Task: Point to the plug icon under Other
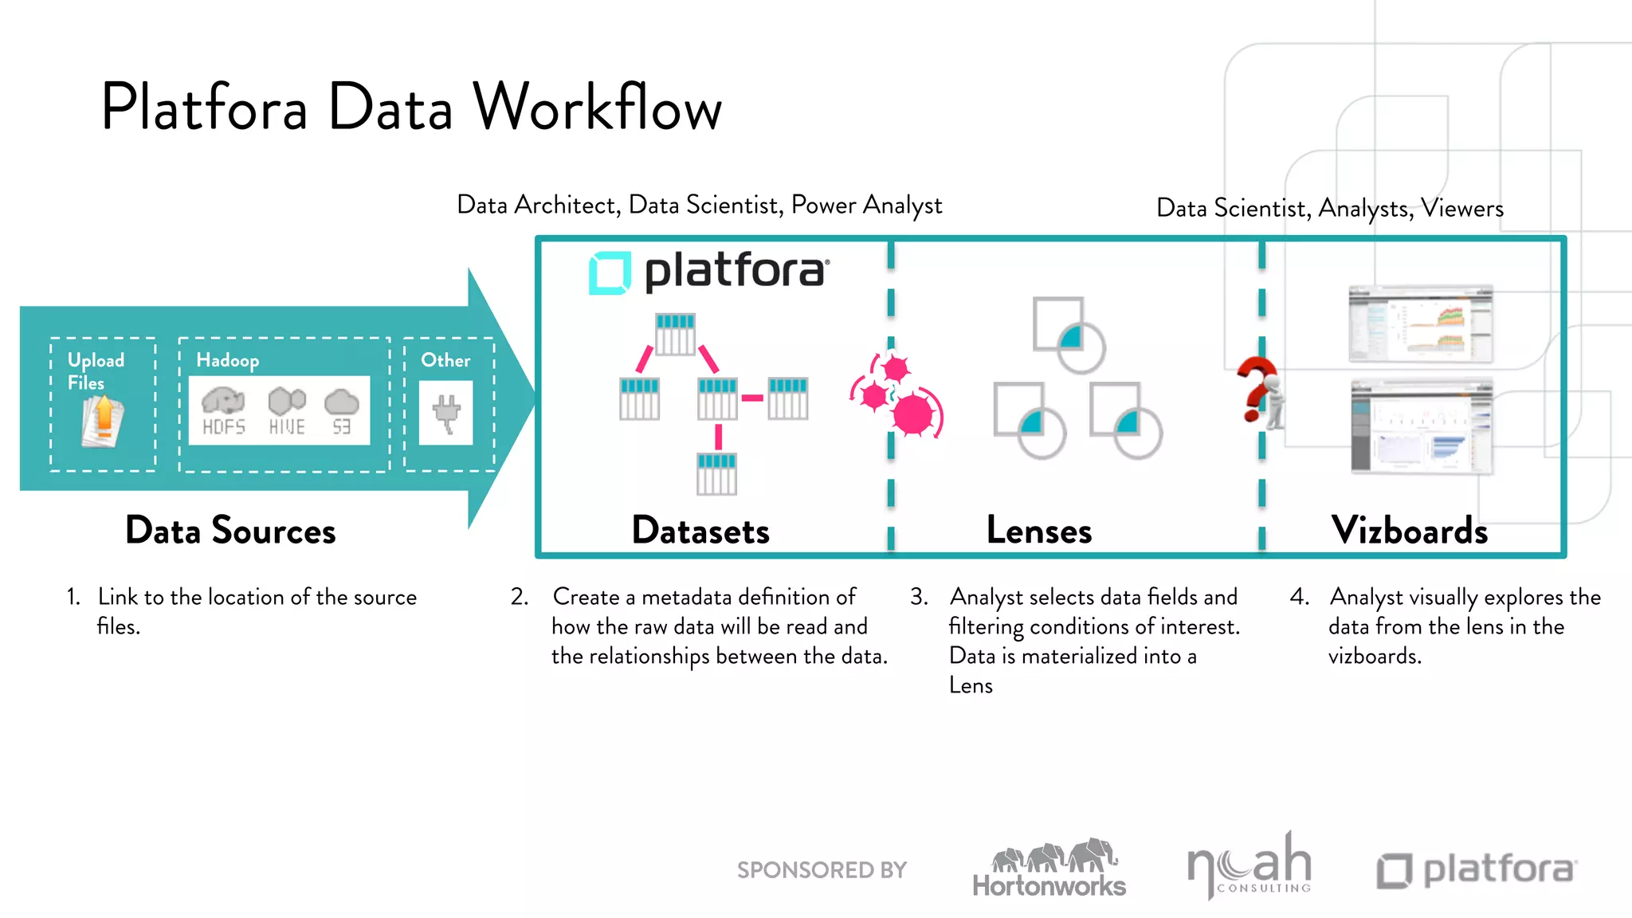tap(446, 413)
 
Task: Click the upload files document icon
tap(103, 420)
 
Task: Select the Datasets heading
tap(700, 531)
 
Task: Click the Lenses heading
tap(1038, 531)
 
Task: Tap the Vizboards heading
tap(1409, 531)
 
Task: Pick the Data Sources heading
tap(230, 531)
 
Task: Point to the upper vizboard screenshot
tap(1420, 324)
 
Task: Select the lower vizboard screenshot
tap(1422, 427)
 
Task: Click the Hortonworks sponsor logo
tap(1049, 869)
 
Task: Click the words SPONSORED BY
tap(822, 870)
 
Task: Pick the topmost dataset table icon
tap(675, 334)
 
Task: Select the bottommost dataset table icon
tap(716, 474)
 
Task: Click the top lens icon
tap(1068, 335)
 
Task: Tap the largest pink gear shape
tap(913, 414)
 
